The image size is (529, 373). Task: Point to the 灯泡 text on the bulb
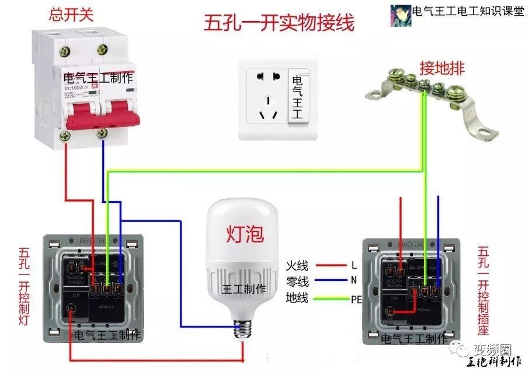click(x=245, y=234)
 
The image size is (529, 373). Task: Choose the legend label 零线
click(x=297, y=282)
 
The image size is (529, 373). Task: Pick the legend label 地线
click(x=297, y=299)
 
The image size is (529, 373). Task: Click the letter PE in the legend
click(x=357, y=300)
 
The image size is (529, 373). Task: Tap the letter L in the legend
click(x=354, y=265)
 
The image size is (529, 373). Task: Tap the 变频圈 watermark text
click(x=492, y=350)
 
